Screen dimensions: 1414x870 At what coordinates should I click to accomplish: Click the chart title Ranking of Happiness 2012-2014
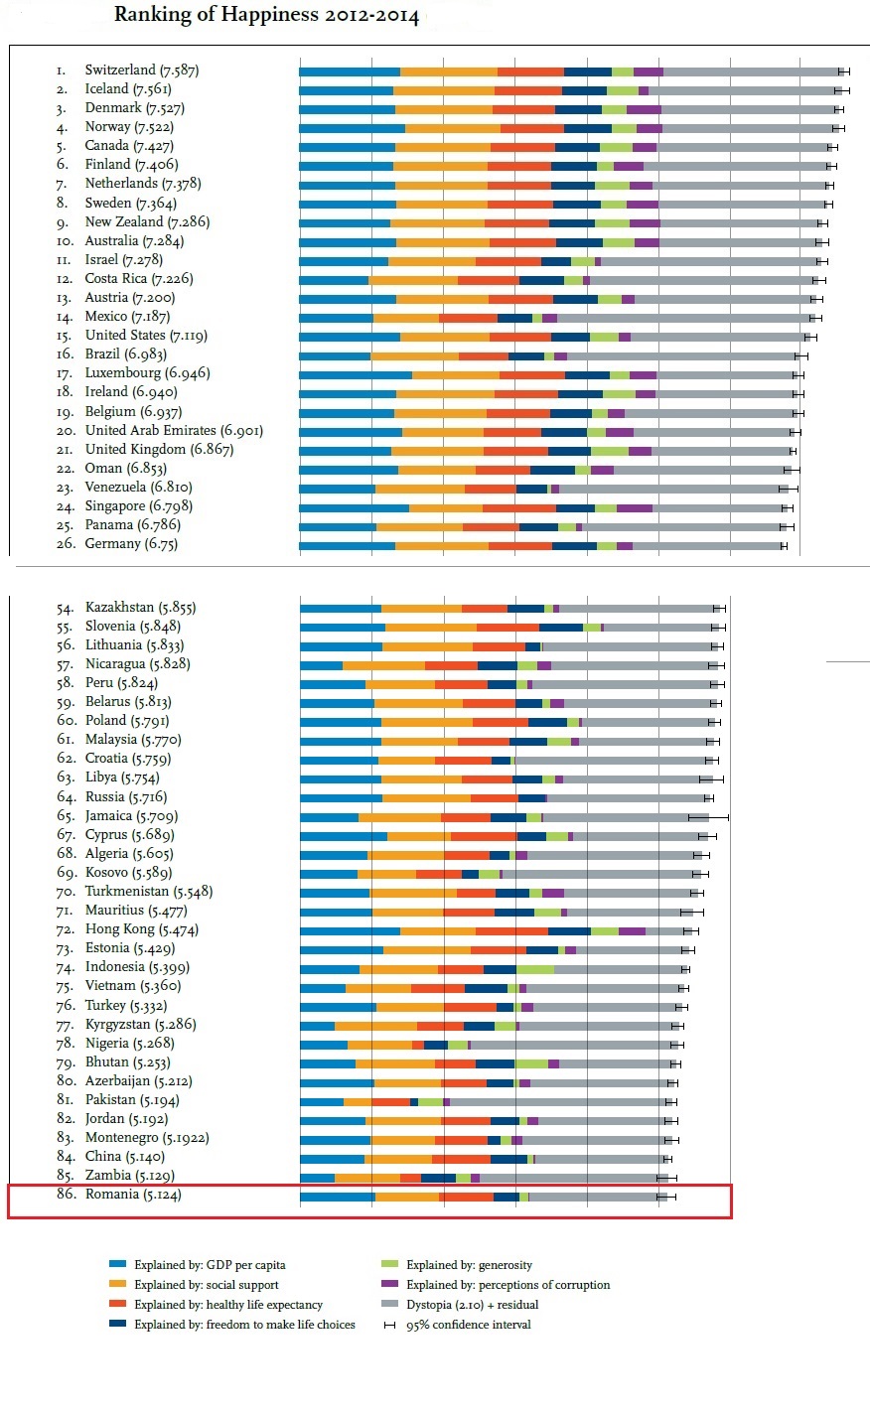coord(266,15)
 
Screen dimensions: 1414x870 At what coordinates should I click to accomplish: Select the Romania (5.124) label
coord(133,1195)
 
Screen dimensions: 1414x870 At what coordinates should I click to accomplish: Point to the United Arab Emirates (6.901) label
coord(174,431)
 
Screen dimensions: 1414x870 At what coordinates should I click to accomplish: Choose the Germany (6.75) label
coord(126,544)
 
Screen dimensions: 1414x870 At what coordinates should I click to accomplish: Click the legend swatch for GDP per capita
coord(117,1265)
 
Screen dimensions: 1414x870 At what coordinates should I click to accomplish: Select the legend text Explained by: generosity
coord(469,1265)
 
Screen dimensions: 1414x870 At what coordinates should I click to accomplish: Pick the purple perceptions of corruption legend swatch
coord(390,1285)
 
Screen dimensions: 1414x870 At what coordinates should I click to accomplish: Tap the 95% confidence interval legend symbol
coord(390,1325)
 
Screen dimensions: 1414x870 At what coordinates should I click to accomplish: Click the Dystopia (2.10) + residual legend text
coord(473,1305)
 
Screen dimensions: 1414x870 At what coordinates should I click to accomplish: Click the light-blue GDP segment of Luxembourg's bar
coord(355,374)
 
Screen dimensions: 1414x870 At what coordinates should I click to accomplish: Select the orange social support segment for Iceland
coord(444,90)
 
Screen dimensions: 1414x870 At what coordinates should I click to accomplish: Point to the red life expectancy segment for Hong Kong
coord(511,930)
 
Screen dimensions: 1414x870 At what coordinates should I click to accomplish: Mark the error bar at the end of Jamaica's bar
coord(708,816)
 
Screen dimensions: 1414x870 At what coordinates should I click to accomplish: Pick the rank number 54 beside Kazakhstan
coord(65,608)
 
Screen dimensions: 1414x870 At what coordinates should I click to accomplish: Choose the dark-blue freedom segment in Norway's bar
coord(588,128)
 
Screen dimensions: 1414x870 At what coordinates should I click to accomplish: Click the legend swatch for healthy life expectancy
coord(117,1305)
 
